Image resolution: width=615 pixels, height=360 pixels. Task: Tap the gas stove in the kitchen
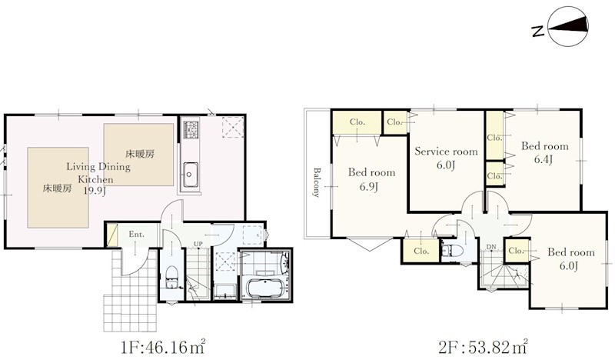(x=191, y=128)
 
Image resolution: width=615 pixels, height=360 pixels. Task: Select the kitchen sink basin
(x=190, y=174)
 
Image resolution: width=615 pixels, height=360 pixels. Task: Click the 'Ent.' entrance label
(x=137, y=235)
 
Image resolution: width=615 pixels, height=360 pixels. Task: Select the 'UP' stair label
(x=198, y=244)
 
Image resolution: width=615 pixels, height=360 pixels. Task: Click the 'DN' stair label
(x=491, y=247)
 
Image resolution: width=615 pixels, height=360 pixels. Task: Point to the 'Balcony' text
(x=317, y=182)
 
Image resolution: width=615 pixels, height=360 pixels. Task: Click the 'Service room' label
(x=446, y=151)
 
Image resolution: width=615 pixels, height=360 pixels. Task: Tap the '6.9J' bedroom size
(x=369, y=186)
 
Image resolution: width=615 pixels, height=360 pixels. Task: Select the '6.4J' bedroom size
(x=544, y=159)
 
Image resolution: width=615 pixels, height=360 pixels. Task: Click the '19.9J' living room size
(x=95, y=192)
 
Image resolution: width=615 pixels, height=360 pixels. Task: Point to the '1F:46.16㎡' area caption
(x=163, y=347)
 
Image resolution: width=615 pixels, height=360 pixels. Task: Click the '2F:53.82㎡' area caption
(x=483, y=347)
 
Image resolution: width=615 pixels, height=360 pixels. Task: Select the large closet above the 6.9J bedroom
(x=357, y=122)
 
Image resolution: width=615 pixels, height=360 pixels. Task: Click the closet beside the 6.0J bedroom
(x=516, y=251)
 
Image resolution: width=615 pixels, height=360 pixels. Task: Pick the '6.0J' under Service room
(x=446, y=165)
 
